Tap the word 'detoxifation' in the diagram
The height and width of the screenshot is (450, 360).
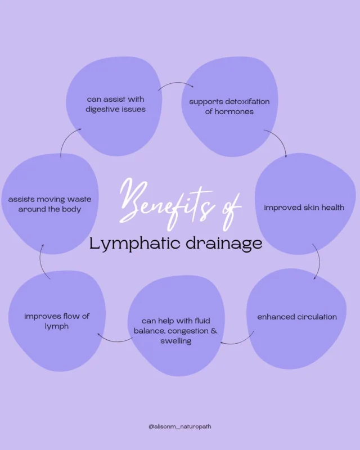[245, 102]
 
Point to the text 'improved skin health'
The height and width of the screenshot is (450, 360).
[304, 208]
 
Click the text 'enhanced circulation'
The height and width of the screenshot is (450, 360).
[297, 317]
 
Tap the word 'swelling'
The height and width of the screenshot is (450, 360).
[175, 341]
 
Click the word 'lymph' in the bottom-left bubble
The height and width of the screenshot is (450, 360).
[57, 326]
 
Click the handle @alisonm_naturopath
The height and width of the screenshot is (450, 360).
[180, 426]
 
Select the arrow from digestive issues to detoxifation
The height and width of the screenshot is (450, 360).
[175, 85]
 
